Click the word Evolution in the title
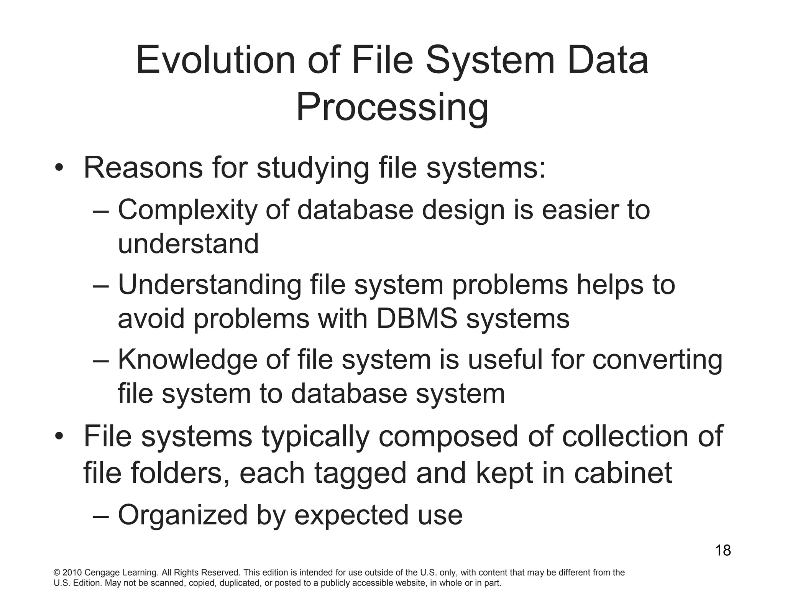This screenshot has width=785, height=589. pyautogui.click(x=215, y=61)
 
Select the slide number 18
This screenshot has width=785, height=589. pyautogui.click(x=723, y=551)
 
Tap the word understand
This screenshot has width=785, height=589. pyautogui.click(x=188, y=244)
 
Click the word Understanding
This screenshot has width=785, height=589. pyautogui.click(x=210, y=285)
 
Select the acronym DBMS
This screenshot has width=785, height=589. pyautogui.click(x=417, y=319)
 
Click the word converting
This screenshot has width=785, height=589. pyautogui.click(x=657, y=360)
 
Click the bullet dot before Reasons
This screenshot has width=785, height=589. pyautogui.click(x=58, y=168)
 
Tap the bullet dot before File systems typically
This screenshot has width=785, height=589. pyautogui.click(x=58, y=437)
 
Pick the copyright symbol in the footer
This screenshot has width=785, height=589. pyautogui.click(x=57, y=573)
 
